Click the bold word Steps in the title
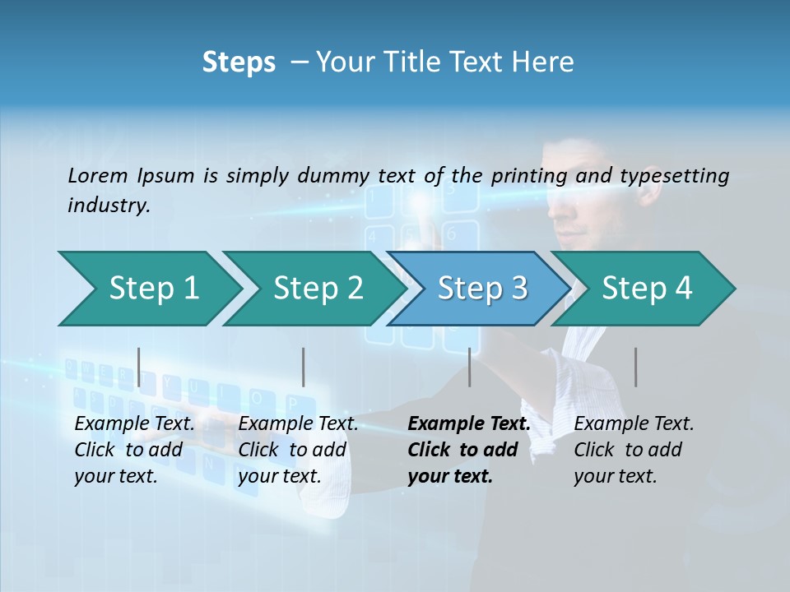[x=239, y=62]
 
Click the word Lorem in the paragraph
[x=98, y=175]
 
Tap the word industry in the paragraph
[x=108, y=205]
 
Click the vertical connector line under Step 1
[x=139, y=367]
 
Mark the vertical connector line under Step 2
[x=304, y=367]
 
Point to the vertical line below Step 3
[x=470, y=367]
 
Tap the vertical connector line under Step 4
[x=635, y=367]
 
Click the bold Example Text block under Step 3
[x=469, y=450]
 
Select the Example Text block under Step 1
[x=134, y=450]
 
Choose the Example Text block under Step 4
[x=634, y=450]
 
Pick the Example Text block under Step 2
[x=298, y=450]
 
